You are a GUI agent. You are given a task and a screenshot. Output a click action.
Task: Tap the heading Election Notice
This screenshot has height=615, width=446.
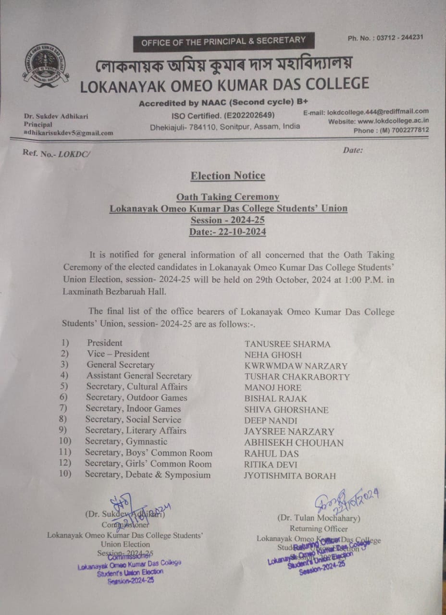point(228,176)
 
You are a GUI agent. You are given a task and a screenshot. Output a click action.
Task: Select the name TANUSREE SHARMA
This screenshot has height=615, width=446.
point(287,344)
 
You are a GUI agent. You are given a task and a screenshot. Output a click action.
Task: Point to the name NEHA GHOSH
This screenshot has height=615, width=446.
point(273,355)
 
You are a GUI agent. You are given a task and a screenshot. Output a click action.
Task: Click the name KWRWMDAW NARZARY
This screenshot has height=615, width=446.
point(296,366)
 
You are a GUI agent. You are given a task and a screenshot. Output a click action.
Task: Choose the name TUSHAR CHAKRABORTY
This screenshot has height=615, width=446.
point(297,377)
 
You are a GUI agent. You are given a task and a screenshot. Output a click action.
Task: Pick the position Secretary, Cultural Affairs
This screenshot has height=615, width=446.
point(136,387)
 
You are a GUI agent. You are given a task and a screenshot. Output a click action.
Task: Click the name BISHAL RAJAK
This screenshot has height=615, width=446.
point(275,399)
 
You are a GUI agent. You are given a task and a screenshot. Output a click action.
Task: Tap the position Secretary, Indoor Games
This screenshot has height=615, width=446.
point(133,409)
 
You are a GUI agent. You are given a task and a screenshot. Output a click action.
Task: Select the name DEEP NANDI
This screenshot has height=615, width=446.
point(271,421)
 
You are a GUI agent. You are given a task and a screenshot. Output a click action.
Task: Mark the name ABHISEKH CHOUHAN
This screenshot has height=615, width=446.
point(294,443)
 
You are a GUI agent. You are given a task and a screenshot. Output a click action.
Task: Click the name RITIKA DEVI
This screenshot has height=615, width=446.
point(271,465)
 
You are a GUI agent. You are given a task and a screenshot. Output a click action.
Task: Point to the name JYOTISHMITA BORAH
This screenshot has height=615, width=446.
point(290,476)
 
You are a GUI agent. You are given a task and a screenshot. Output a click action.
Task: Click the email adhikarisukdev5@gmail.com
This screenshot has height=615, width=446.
point(68,133)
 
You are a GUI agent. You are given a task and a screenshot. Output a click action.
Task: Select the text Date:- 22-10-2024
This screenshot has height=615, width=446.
point(228,232)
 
